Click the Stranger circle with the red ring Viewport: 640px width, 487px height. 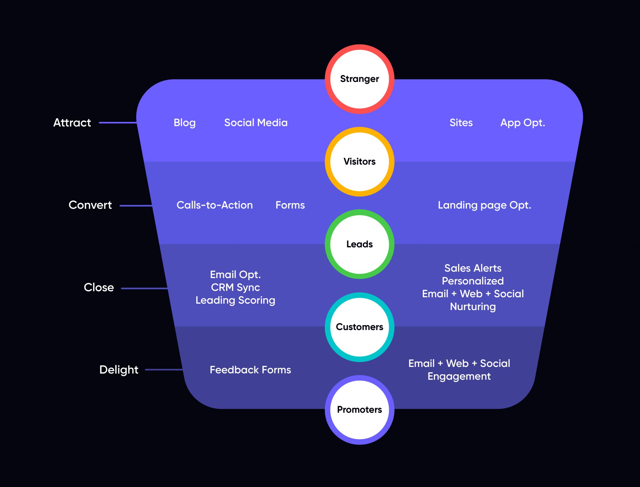[x=359, y=79]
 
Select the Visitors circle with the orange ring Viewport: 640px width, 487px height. [x=359, y=162]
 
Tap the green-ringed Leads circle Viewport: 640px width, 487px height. [x=359, y=244]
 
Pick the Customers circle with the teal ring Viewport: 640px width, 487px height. [x=359, y=327]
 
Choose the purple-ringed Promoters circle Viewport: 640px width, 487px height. [x=359, y=409]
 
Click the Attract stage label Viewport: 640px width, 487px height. [x=72, y=123]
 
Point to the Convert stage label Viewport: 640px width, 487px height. [x=90, y=205]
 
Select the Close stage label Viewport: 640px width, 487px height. [x=99, y=288]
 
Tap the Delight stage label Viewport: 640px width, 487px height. [x=119, y=370]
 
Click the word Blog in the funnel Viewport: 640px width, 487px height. [x=184, y=123]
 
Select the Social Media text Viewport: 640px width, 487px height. [x=256, y=123]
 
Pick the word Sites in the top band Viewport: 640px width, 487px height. [x=461, y=123]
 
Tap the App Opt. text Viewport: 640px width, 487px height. [x=522, y=123]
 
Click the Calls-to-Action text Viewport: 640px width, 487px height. [x=214, y=205]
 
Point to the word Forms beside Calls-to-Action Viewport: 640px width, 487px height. [x=290, y=205]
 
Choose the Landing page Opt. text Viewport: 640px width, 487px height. [x=484, y=205]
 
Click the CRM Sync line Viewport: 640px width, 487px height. [x=235, y=287]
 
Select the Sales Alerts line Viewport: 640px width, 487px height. [x=473, y=268]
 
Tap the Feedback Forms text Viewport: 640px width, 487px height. [x=250, y=370]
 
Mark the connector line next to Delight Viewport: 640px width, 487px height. [x=164, y=369]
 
